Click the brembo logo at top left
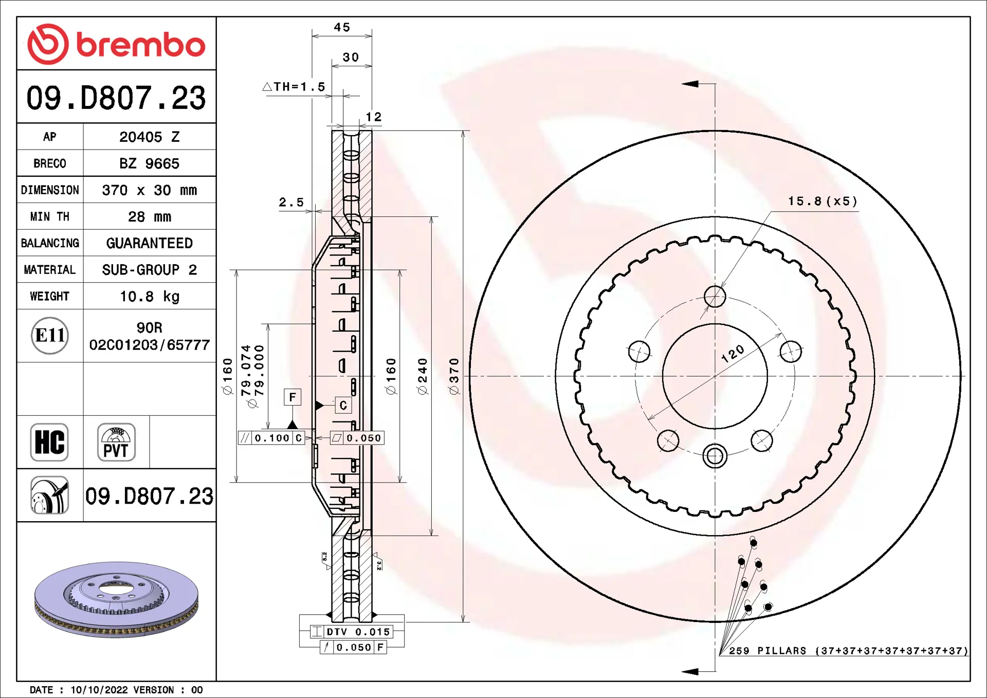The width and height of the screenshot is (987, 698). pyautogui.click(x=116, y=44)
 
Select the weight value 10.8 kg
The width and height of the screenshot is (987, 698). pyautogui.click(x=150, y=297)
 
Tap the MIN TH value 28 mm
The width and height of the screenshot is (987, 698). pyautogui.click(x=150, y=216)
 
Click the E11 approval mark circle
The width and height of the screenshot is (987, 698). pyautogui.click(x=50, y=336)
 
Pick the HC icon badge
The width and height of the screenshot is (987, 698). pyautogui.click(x=49, y=442)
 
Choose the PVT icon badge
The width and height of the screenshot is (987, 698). pyautogui.click(x=116, y=442)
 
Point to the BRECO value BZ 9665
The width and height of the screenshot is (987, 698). pyautogui.click(x=150, y=163)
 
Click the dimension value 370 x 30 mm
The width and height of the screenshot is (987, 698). pyautogui.click(x=150, y=190)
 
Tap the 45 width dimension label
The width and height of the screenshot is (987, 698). pyautogui.click(x=342, y=27)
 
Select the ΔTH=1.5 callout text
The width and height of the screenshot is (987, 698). pyautogui.click(x=294, y=87)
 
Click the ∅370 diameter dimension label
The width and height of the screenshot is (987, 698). pyautogui.click(x=453, y=376)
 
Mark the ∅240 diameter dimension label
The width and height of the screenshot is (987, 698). pyautogui.click(x=423, y=376)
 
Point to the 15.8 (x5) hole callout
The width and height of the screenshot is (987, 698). pyautogui.click(x=822, y=201)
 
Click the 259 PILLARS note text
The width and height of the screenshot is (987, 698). pyautogui.click(x=849, y=651)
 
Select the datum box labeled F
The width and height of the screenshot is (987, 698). pyautogui.click(x=293, y=397)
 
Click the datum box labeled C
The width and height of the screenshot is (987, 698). pyautogui.click(x=343, y=406)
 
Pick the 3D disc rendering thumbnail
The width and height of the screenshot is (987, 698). pyautogui.click(x=116, y=599)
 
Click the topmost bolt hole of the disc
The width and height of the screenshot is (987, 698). pyautogui.click(x=715, y=297)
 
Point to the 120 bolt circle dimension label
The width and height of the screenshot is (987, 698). pyautogui.click(x=733, y=354)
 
